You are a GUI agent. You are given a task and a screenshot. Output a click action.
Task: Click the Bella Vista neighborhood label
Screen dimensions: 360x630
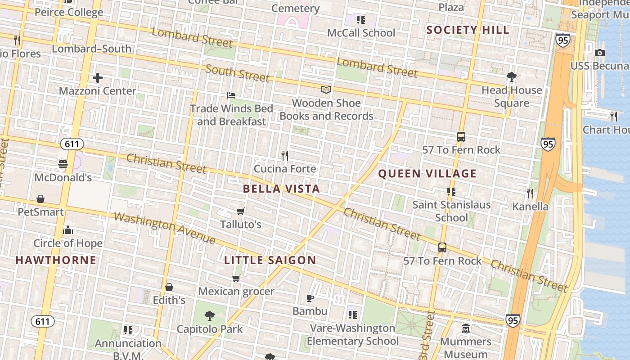281,189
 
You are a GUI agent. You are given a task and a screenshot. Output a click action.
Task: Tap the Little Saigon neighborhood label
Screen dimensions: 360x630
270,260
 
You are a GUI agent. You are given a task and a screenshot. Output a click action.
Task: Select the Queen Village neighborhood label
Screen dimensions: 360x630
427,174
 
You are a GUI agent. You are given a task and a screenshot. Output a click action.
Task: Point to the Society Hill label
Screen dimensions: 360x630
468,30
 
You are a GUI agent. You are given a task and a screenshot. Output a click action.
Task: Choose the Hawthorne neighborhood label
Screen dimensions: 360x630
56,260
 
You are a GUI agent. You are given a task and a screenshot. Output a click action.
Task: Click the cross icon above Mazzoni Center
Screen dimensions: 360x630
98,78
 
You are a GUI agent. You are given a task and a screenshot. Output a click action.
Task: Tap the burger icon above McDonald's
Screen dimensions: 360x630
63,164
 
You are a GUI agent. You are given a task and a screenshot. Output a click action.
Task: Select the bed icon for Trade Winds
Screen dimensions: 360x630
231,95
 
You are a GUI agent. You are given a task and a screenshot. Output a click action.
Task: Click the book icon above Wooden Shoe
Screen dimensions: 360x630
326,90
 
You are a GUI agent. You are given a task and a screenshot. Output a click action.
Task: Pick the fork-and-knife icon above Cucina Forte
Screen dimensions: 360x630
284,156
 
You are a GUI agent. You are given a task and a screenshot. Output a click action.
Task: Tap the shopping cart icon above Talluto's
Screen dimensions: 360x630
241,211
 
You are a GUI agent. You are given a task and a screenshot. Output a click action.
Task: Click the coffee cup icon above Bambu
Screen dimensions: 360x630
310,298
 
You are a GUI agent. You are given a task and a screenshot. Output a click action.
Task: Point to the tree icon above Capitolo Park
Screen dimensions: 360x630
209,315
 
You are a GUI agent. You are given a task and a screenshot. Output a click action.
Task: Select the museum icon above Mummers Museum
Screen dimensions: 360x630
466,328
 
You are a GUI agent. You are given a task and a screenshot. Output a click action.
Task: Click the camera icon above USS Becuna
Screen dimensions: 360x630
599,53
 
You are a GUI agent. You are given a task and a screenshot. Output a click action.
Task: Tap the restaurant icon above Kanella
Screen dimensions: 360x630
530,193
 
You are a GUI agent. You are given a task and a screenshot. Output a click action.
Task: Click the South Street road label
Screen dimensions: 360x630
237,73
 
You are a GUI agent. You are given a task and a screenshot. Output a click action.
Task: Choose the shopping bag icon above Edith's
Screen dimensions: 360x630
169,287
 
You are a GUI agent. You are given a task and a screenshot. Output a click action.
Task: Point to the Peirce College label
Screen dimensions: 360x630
69,12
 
